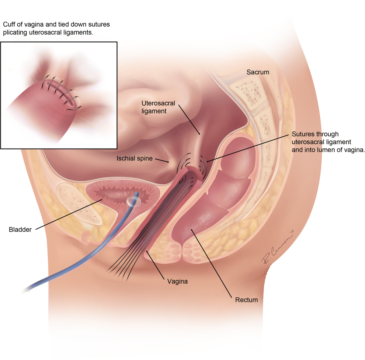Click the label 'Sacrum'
[258, 72]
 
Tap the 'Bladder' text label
[20, 230]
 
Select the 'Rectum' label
[246, 300]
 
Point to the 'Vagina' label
[177, 281]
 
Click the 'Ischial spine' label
[134, 159]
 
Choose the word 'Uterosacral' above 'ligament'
[158, 103]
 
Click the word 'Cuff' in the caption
[9, 24]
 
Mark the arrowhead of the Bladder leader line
[102, 200]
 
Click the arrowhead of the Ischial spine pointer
[169, 162]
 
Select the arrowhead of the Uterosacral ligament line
[200, 134]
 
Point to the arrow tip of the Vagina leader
[147, 251]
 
